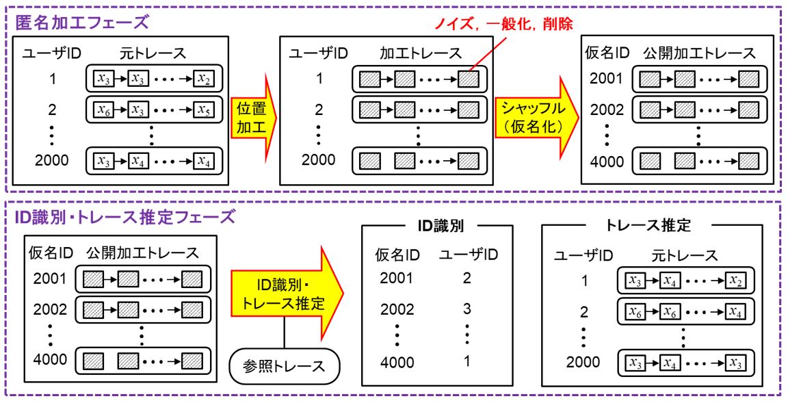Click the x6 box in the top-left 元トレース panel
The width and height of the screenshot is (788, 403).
[105, 109]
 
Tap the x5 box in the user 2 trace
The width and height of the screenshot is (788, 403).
[203, 109]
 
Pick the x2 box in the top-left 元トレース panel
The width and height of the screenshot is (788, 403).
[203, 79]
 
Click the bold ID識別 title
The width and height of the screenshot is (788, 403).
[437, 225]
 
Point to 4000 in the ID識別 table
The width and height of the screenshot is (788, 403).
[396, 362]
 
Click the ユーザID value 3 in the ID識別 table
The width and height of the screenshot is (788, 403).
[467, 309]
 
